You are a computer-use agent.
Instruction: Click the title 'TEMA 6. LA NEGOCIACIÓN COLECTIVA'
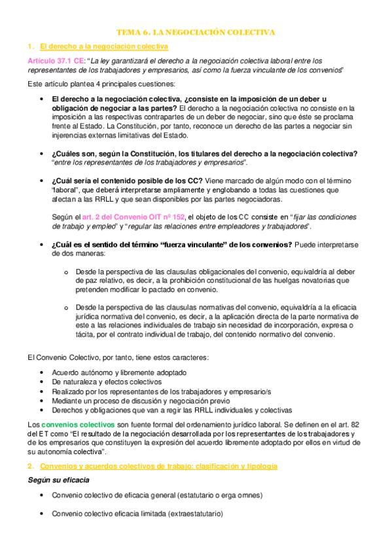point(196,31)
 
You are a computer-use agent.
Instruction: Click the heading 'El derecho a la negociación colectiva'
point(103,46)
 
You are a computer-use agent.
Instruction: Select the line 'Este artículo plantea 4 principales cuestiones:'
point(101,84)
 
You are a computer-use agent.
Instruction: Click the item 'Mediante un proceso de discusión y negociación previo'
point(141,401)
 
